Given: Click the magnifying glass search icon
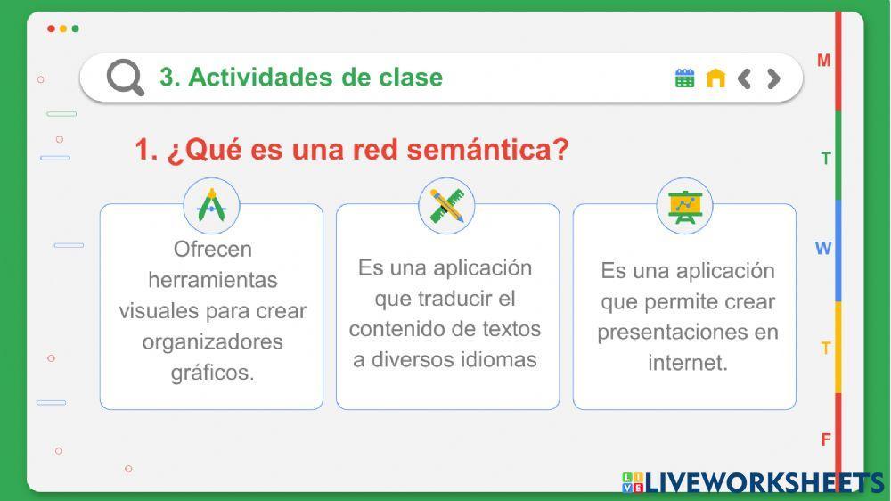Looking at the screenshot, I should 125,78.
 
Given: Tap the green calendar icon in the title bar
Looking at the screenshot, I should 684,78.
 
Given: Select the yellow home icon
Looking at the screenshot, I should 715,78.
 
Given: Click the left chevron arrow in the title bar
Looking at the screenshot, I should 745,78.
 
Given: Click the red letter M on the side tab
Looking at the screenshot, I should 824,61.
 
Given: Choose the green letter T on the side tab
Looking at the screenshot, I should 826,159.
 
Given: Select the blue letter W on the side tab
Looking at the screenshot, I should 823,249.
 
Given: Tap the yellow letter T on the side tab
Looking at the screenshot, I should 826,349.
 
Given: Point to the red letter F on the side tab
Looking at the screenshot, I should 826,439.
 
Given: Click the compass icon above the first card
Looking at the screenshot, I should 212,206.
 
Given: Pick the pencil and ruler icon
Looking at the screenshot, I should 446,206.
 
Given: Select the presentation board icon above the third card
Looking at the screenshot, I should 684,206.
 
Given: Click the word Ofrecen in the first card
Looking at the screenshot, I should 212,249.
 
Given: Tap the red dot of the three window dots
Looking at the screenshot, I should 51,29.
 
